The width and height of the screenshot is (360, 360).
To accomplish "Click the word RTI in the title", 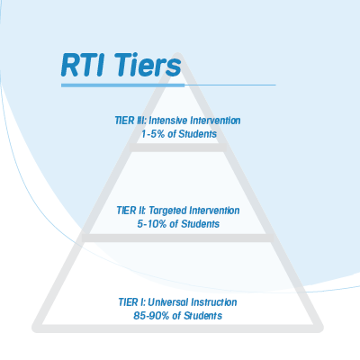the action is point(83,65).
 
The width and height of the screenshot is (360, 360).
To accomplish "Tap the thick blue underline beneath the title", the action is point(122,85).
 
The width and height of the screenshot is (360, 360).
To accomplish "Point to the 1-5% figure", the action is point(153,134).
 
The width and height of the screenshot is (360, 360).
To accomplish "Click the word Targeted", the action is point(167,211).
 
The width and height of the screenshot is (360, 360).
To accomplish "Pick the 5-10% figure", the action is point(152,224).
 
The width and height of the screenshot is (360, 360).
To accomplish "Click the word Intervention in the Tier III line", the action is point(215,121).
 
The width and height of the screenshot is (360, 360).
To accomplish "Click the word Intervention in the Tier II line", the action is point(214,211).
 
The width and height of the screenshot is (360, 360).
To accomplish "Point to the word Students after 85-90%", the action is point(202,316).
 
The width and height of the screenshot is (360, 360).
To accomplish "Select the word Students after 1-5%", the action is point(197,134).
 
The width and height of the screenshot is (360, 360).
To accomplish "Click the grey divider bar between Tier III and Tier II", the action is point(178,148).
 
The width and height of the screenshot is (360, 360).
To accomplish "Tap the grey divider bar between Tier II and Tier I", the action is point(178,238).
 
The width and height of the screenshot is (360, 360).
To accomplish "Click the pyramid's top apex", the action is point(178,55).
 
